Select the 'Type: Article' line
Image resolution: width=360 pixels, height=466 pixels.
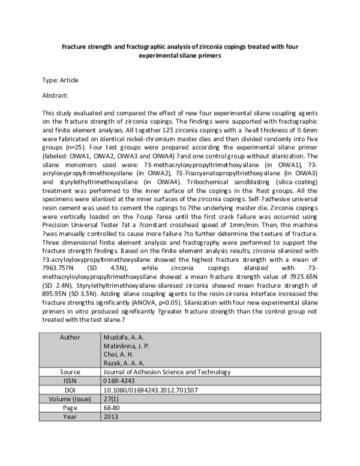60,80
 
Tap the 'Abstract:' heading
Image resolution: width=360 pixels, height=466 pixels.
55,95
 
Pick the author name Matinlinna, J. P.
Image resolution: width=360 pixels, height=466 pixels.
123,346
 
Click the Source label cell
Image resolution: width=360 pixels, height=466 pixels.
70,372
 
